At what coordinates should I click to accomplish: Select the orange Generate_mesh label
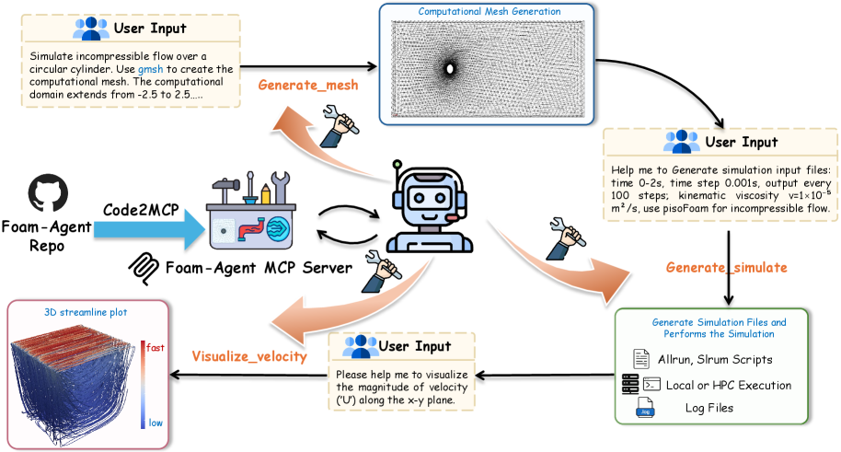click(307, 85)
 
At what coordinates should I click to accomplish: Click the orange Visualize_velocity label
click(248, 356)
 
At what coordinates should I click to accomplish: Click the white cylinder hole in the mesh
click(450, 68)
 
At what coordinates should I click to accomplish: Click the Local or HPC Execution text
click(720, 385)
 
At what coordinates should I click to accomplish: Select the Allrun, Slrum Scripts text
click(717, 358)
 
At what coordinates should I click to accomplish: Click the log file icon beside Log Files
click(646, 408)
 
